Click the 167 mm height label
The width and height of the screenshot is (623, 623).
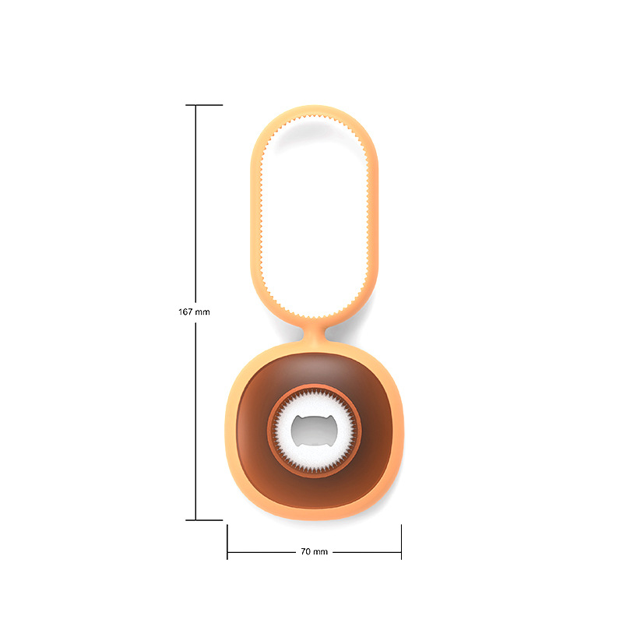pyautogui.click(x=194, y=312)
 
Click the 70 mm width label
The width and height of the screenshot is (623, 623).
pyautogui.click(x=314, y=551)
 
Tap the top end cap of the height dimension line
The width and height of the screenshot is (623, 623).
pyautogui.click(x=204, y=105)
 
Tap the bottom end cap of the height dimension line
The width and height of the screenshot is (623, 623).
pyautogui.click(x=204, y=519)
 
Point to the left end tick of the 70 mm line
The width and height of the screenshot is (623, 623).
pyautogui.click(x=227, y=542)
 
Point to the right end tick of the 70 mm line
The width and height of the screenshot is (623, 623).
pyautogui.click(x=401, y=542)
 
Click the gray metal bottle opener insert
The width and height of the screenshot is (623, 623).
pyautogui.click(x=314, y=431)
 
